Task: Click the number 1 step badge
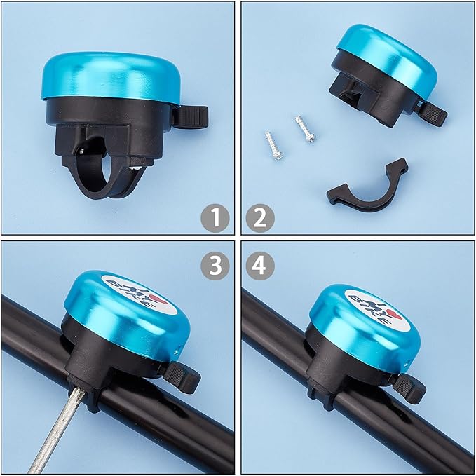tap(215, 218)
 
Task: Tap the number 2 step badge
tap(260, 218)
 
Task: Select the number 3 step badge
tap(215, 266)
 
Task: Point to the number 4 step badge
tap(260, 266)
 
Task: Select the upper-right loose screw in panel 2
tap(306, 129)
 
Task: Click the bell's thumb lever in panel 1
tap(191, 116)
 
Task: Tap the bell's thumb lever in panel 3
tap(182, 377)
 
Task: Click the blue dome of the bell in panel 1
tap(111, 76)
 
